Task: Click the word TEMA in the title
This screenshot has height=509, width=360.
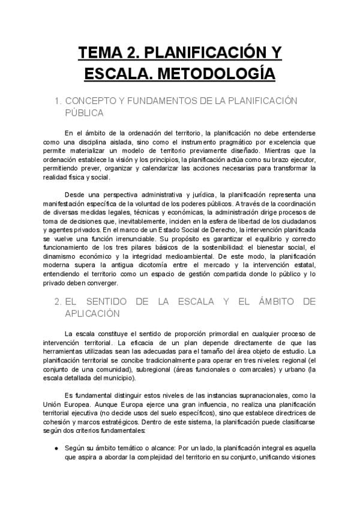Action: click(x=103, y=53)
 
